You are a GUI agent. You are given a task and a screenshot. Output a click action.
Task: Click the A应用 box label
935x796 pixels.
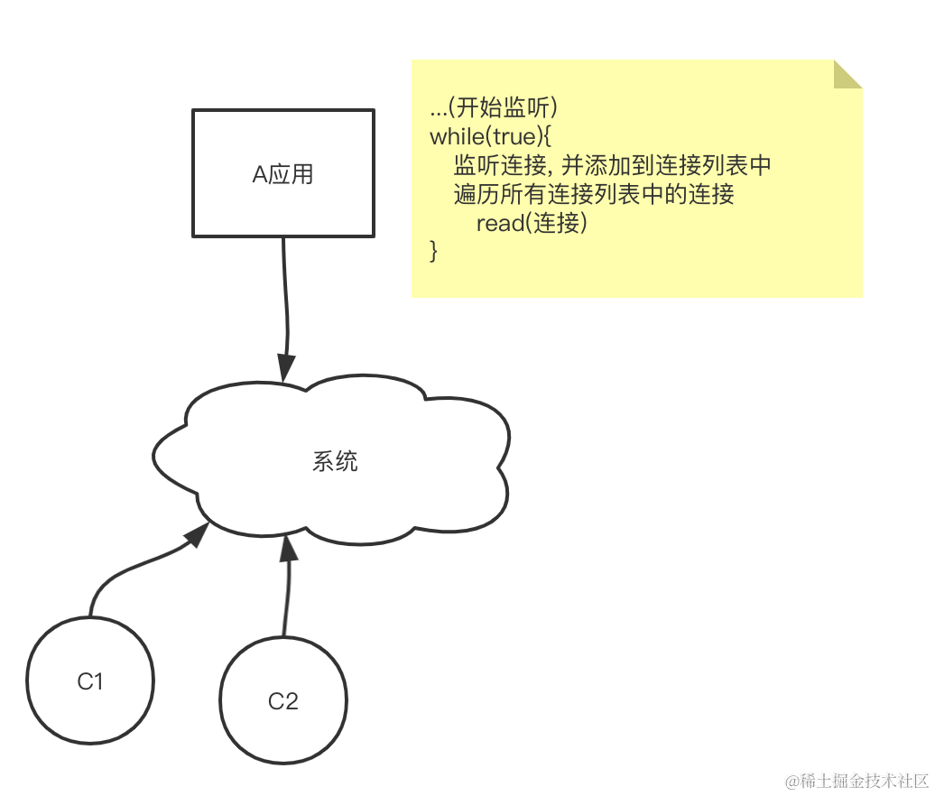(282, 174)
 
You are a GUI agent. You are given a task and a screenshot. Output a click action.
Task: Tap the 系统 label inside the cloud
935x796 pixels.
(335, 461)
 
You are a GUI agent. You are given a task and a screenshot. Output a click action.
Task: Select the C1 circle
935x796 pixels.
(90, 681)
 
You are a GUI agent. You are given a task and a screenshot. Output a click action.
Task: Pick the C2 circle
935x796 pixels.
(283, 700)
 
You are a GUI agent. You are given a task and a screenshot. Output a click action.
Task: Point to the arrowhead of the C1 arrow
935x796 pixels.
(197, 535)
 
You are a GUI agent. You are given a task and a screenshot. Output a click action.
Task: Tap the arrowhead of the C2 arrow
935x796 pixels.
(289, 547)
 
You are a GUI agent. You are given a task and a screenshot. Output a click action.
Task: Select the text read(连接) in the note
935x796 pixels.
(532, 223)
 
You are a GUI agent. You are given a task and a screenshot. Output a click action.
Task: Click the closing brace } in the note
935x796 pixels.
(434, 250)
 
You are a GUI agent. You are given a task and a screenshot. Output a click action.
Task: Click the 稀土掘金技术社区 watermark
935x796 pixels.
(857, 782)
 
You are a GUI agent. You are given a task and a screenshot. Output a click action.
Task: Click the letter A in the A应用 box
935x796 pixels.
(260, 174)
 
